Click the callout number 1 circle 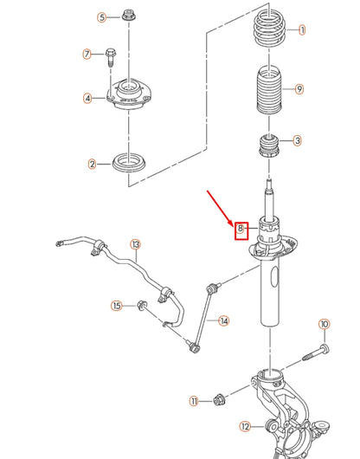pyautogui.click(x=302, y=29)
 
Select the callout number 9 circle pyautogui.click(x=299, y=88)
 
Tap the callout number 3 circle pyautogui.click(x=297, y=140)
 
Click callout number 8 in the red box pyautogui.click(x=241, y=229)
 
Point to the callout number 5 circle pyautogui.click(x=100, y=16)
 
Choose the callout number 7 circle pyautogui.click(x=87, y=55)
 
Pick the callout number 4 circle pyautogui.click(x=87, y=98)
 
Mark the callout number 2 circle pyautogui.click(x=92, y=163)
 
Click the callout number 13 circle pyautogui.click(x=135, y=244)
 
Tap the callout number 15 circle pyautogui.click(x=116, y=305)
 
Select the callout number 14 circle pyautogui.click(x=223, y=320)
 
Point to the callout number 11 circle pyautogui.click(x=195, y=401)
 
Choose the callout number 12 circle pyautogui.click(x=245, y=425)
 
